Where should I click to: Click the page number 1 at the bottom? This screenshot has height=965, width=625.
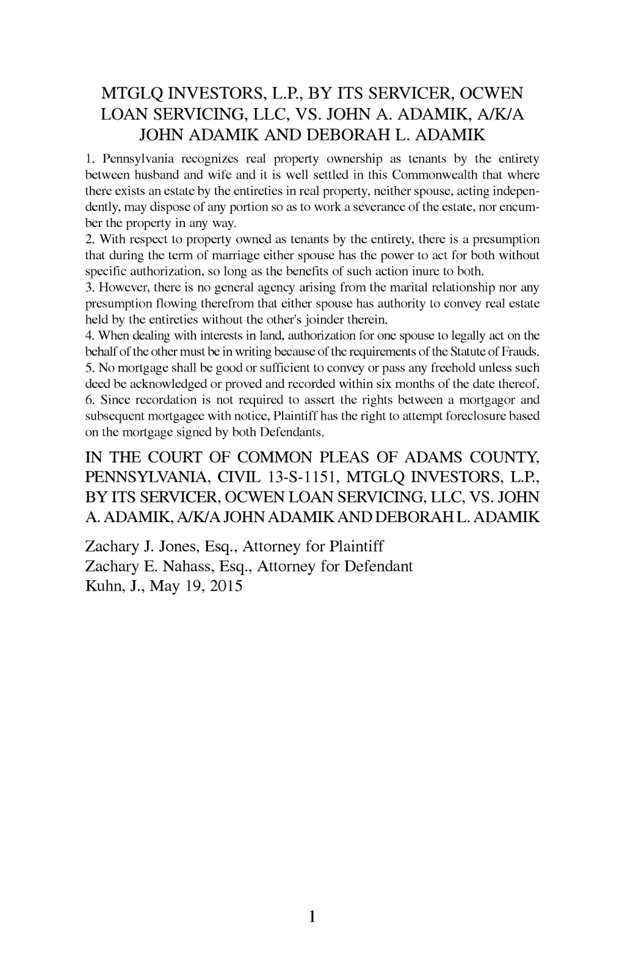click(x=312, y=916)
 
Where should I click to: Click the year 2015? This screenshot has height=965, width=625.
click(x=225, y=587)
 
